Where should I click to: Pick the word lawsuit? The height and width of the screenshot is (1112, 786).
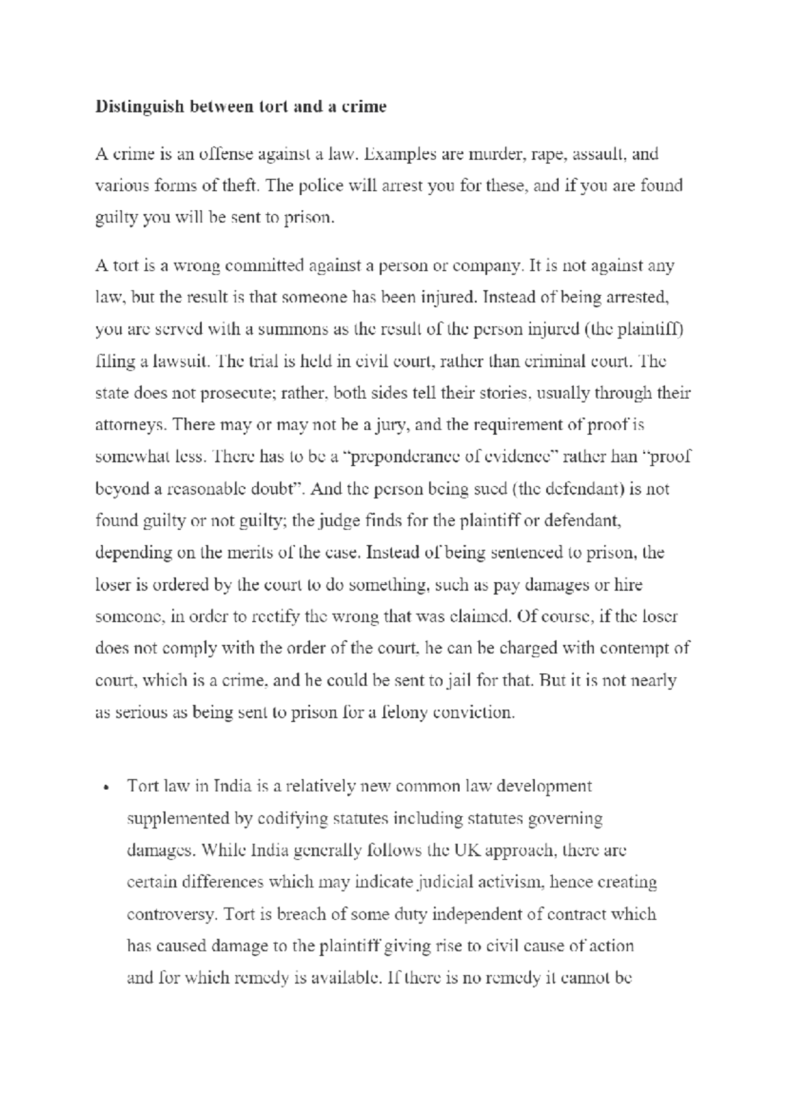coord(181,361)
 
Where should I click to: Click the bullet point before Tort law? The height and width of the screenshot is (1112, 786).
coord(105,788)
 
